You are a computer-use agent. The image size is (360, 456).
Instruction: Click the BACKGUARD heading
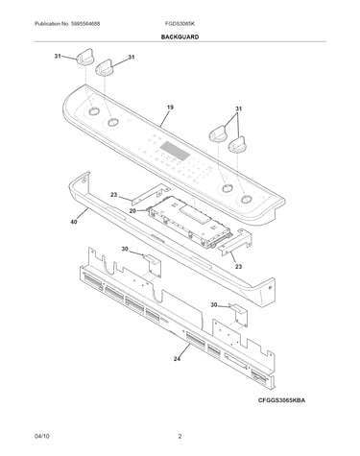coord(180,36)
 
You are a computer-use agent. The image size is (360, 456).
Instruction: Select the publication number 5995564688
coord(85,24)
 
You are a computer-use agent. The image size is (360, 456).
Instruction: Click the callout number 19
coord(170,108)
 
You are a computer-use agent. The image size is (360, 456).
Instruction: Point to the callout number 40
coord(74,222)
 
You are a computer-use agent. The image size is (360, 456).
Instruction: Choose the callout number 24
coord(177,359)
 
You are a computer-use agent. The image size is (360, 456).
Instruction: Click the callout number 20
coord(132,210)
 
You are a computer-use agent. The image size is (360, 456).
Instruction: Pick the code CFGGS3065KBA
coord(281,400)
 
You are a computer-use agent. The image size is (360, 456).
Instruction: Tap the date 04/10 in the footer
coord(42,436)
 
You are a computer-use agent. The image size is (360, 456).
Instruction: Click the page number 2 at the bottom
coord(180,436)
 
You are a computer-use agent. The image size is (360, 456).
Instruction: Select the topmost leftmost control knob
coord(85,58)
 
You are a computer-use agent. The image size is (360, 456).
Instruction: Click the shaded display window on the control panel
coord(175,151)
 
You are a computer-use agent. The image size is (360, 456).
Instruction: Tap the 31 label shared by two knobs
coord(238,108)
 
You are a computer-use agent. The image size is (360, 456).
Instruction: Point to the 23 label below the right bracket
coord(239,266)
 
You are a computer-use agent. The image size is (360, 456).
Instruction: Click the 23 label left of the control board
coord(114,194)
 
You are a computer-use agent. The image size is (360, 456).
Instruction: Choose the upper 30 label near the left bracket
coord(125,249)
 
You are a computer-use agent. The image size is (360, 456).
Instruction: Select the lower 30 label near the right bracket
coord(214,305)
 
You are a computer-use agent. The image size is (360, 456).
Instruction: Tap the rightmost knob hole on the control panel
coord(246,200)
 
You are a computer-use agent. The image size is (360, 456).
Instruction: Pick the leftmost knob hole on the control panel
coord(93,111)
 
